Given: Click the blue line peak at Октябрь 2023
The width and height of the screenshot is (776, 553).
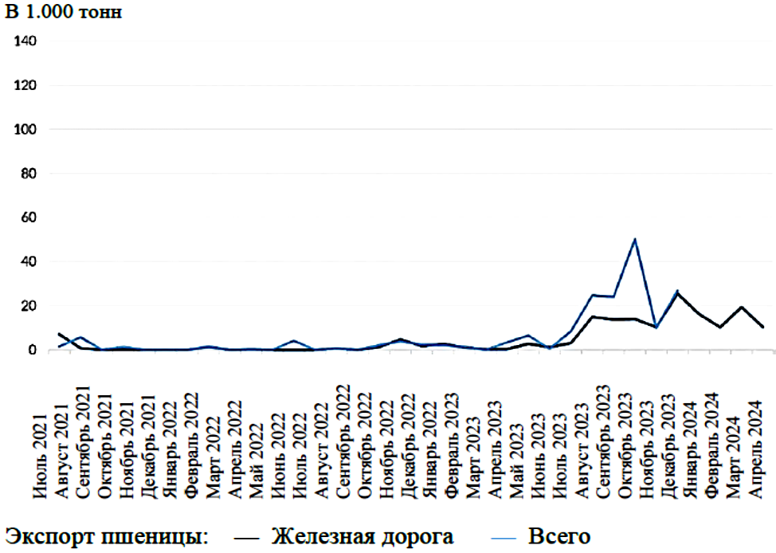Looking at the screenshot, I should tap(634, 239).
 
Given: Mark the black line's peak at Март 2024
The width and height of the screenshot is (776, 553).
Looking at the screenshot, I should tap(742, 308).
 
